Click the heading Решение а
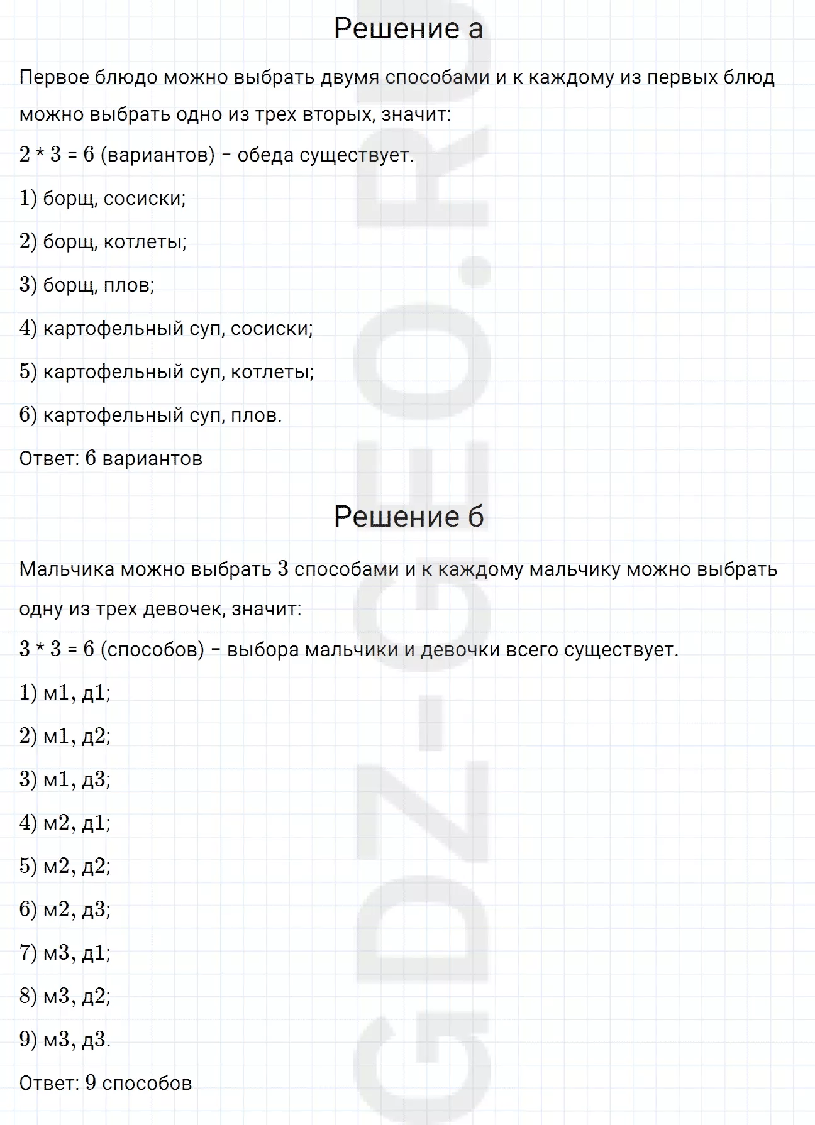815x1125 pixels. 408,29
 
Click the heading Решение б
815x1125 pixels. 408,517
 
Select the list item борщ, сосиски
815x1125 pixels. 103,199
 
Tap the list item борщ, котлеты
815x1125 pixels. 103,242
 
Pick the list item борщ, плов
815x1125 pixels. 87,285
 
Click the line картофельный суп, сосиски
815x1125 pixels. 166,329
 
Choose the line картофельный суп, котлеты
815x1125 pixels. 167,372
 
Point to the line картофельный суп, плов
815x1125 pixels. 150,415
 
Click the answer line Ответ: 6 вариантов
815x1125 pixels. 111,459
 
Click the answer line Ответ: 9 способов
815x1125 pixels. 106,1083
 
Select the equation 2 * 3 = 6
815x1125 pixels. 57,155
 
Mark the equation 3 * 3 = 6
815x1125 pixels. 57,649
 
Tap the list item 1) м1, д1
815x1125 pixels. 65,693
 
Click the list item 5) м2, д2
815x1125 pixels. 65,867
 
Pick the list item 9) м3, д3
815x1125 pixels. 65,1040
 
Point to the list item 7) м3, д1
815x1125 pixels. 65,953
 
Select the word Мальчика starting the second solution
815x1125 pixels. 67,569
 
